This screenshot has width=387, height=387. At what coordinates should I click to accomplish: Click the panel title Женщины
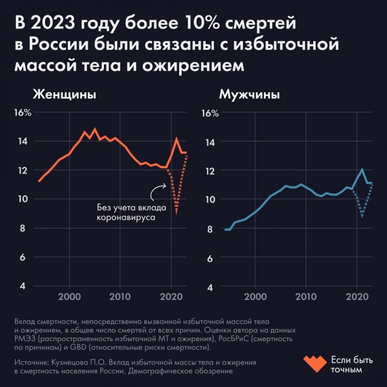click(65, 95)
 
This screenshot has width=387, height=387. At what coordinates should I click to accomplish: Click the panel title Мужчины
click(250, 95)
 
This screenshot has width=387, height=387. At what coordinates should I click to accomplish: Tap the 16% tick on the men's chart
click(211, 113)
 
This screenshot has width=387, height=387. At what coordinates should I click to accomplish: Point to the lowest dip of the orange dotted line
click(176, 213)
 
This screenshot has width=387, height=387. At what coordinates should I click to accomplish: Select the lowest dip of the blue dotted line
click(362, 217)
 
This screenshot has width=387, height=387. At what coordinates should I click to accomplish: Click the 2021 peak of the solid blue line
click(362, 170)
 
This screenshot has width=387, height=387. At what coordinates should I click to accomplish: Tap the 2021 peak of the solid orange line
click(176, 138)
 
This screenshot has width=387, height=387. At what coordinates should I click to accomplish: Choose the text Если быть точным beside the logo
click(352, 365)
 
